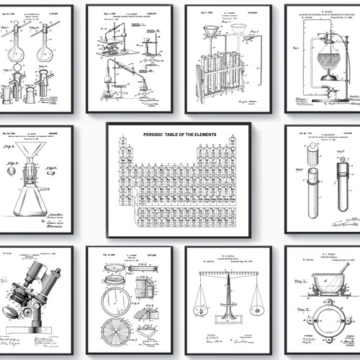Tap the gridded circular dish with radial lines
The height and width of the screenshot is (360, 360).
tap(119, 336)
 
